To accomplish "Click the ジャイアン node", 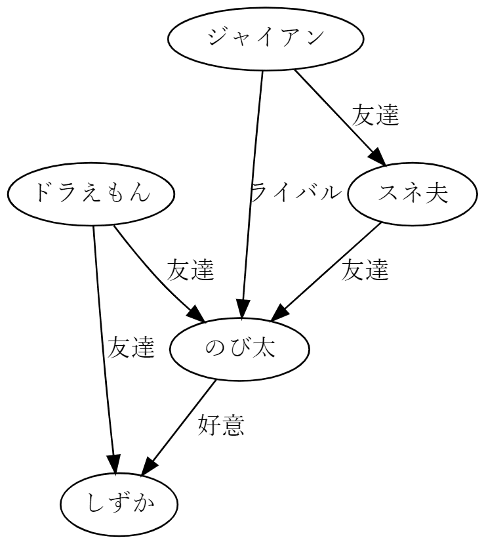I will (x=266, y=38).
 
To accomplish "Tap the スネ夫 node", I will (x=412, y=194).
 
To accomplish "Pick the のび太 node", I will (x=239, y=348).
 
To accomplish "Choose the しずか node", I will (x=119, y=504).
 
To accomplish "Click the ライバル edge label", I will (x=296, y=193).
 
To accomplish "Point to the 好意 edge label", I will (x=221, y=426).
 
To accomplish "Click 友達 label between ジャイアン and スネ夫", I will (x=375, y=115).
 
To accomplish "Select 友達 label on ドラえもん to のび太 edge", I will (x=190, y=270).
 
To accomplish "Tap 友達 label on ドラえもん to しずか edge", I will (x=131, y=348).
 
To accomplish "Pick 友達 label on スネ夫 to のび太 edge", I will (x=365, y=270).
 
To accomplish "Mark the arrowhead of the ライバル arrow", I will (x=243, y=310).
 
